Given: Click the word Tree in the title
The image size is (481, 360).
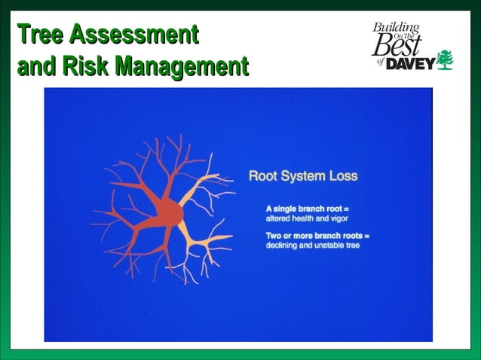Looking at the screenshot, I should tap(38, 35).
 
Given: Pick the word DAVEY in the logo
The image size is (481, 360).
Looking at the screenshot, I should tap(409, 64).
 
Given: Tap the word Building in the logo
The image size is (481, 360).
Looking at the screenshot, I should tap(395, 29).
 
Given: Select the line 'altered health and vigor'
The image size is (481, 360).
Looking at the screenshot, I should tap(302, 217).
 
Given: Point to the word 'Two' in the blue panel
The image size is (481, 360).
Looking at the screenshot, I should tap(274, 236).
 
